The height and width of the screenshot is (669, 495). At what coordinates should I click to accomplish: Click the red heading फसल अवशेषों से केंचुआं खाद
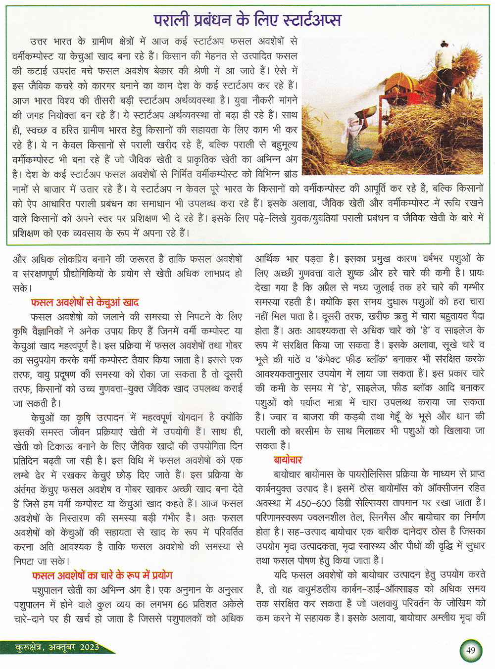tap(85, 302)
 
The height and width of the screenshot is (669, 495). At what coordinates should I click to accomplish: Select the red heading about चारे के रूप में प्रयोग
tap(102, 575)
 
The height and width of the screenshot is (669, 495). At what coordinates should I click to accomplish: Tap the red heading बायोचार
tap(288, 460)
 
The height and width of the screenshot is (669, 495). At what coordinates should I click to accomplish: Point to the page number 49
tap(470, 649)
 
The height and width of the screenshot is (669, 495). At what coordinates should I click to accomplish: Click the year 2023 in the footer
tap(89, 647)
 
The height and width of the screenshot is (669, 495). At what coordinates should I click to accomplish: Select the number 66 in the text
tap(183, 604)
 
